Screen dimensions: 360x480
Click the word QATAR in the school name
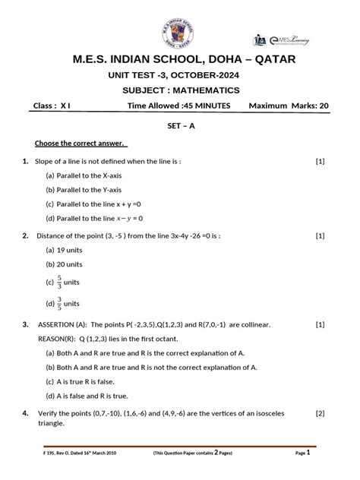[270, 59]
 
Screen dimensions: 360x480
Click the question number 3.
[26, 324]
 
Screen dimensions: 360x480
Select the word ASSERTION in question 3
[59, 324]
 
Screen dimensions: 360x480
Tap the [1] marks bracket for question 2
[320, 235]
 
